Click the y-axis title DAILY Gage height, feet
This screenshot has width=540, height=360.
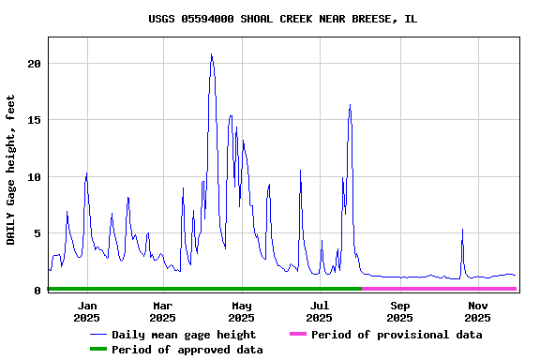pos(11,170)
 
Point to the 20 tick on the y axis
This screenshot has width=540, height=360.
pos(35,64)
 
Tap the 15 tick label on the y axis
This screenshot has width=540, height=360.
pos(35,120)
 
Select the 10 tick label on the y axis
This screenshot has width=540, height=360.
pos(35,177)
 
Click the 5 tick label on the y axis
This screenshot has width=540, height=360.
pos(37,233)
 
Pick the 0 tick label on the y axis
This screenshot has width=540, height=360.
pos(37,291)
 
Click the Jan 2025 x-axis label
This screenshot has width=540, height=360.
pos(87,311)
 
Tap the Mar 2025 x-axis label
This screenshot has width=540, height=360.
pos(162,311)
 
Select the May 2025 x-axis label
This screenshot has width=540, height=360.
pos(241,311)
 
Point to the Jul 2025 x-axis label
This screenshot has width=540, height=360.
pos(320,311)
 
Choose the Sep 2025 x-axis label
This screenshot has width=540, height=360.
pos(399,311)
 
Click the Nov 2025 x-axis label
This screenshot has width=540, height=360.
pos(477,311)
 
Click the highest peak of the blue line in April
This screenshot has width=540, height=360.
pos(212,54)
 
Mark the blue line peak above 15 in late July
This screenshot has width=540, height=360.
pos(350,105)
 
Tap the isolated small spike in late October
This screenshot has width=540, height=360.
pos(462,230)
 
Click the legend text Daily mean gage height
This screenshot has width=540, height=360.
pos(184,335)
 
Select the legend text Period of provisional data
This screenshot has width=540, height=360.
pos(397,335)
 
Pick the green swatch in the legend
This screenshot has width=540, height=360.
pos(97,350)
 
